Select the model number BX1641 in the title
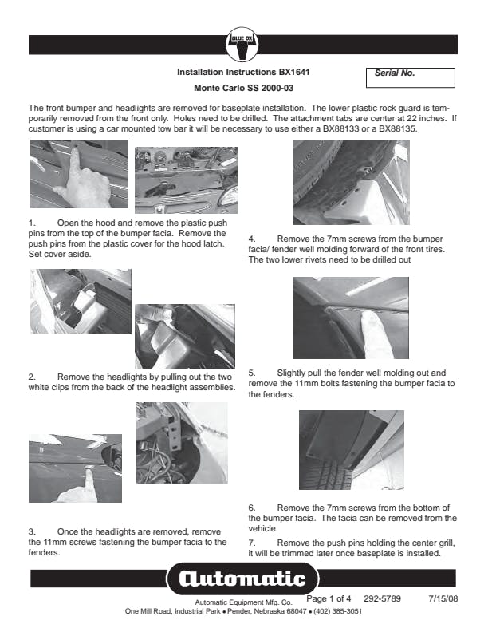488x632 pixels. point(291,72)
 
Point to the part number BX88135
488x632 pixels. point(407,128)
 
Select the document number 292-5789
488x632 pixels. point(382,598)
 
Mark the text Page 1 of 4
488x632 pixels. point(329,598)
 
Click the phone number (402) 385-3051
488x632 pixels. point(336,611)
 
